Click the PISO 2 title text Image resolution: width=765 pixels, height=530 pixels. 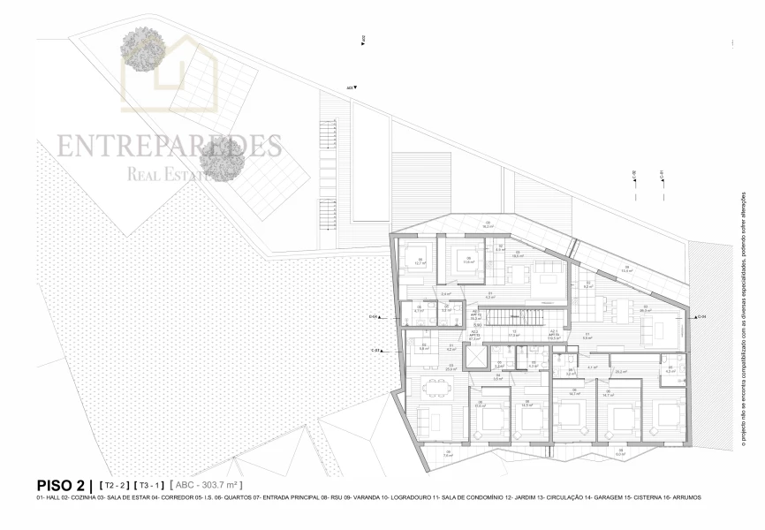pyautogui.click(x=64, y=485)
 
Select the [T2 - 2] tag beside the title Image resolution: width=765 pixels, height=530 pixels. pyautogui.click(x=115, y=486)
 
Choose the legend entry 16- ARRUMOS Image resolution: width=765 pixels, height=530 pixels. pyautogui.click(x=678, y=498)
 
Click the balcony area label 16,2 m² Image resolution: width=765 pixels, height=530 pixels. pyautogui.click(x=486, y=227)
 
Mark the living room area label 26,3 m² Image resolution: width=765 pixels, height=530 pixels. pyautogui.click(x=645, y=311)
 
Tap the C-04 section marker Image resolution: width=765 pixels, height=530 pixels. pyautogui.click(x=701, y=316)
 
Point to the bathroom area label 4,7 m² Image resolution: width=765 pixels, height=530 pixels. pyautogui.click(x=419, y=311)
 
